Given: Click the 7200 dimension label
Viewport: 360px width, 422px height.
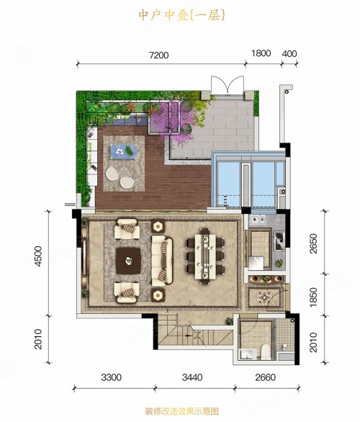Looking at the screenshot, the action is click(159, 55).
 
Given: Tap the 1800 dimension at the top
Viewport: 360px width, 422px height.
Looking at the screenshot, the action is click(261, 53).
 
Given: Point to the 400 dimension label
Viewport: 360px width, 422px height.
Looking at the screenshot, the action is click(289, 53).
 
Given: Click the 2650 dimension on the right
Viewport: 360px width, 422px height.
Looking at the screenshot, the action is click(313, 243).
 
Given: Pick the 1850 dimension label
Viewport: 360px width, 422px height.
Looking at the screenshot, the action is click(313, 297).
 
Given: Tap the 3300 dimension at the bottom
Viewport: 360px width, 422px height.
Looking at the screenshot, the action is click(111, 377).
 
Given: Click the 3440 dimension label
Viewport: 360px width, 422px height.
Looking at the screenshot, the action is click(192, 377).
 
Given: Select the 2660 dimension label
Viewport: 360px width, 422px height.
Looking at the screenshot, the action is click(266, 377).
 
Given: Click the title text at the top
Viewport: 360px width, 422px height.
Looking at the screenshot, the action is click(181, 15).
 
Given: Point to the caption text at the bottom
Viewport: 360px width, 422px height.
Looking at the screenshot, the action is click(181, 411).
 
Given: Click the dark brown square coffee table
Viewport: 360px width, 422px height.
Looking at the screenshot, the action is click(128, 261).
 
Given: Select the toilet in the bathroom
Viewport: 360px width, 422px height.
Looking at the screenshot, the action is click(266, 351).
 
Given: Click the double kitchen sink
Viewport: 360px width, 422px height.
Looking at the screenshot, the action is click(257, 220).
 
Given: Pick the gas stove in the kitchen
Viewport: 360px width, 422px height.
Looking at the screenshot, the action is click(279, 241).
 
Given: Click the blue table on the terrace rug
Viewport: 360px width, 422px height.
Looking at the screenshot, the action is click(124, 151).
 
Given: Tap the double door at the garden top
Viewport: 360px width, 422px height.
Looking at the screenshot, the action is click(228, 85).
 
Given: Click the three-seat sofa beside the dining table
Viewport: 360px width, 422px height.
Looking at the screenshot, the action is click(162, 261).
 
